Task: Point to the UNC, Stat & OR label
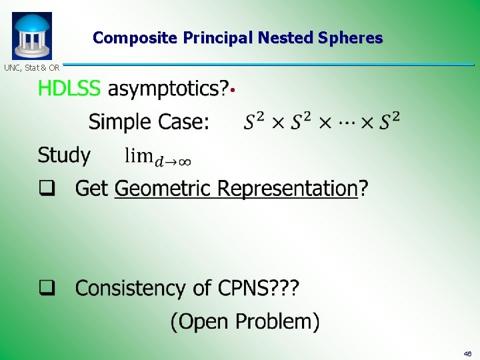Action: coord(31,67)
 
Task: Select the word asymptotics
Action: coord(167,88)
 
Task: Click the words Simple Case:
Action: coord(149,121)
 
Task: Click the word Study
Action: coord(64,155)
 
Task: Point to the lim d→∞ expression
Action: coord(159,157)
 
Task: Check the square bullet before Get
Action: coord(46,189)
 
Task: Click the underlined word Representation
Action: coord(287,189)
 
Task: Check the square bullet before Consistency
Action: coord(46,289)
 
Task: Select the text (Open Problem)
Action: coord(245,322)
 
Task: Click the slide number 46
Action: coord(467,353)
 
